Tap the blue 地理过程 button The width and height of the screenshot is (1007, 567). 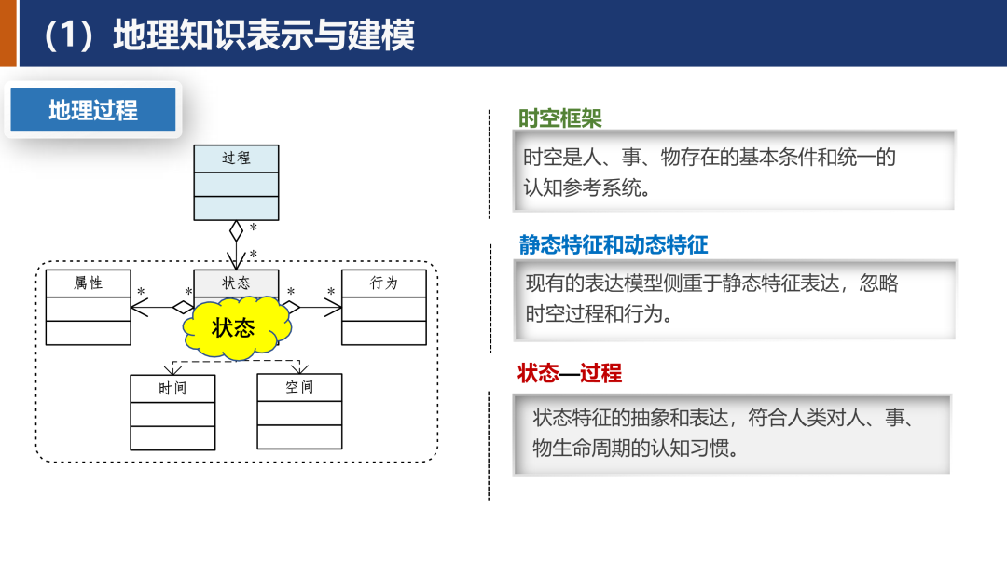(93, 110)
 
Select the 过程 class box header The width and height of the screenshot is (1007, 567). (236, 159)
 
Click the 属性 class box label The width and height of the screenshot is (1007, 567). (89, 283)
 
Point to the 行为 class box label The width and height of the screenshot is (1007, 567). (384, 283)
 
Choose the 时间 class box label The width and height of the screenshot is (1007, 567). (172, 387)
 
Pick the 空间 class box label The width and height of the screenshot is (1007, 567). (299, 386)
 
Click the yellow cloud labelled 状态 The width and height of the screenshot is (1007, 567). (233, 327)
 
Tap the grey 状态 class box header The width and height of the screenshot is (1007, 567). (236, 283)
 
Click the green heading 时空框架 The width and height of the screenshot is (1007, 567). (560, 118)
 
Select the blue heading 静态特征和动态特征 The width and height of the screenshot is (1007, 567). (614, 245)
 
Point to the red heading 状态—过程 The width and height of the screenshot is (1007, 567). (570, 374)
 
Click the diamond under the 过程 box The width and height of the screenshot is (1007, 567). (236, 229)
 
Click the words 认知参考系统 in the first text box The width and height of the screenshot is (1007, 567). (584, 187)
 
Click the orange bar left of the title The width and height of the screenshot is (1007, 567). (8, 34)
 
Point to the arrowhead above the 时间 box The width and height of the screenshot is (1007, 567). (172, 369)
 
